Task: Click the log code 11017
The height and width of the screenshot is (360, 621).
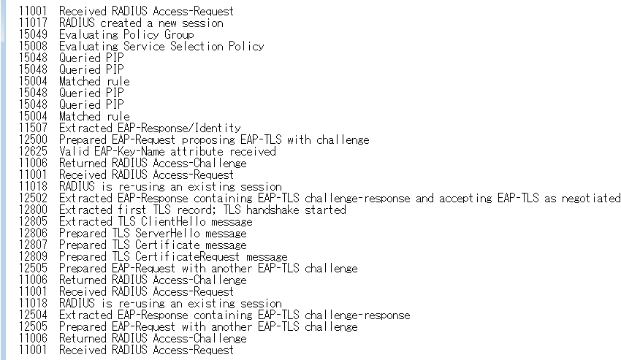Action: [x=33, y=23]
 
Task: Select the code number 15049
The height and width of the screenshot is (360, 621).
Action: [x=33, y=34]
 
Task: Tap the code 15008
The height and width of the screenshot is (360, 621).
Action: [x=33, y=46]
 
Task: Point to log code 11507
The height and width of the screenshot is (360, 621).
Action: [x=33, y=128]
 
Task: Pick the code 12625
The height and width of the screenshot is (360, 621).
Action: [x=33, y=151]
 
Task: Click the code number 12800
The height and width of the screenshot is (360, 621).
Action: [x=33, y=210]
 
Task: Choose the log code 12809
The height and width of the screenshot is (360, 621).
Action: [x=33, y=256]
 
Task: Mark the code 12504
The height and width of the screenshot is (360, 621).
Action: [x=33, y=315]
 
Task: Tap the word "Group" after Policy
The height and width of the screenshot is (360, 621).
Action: [x=179, y=35]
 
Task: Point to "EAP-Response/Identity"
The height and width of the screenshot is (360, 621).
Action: [x=179, y=128]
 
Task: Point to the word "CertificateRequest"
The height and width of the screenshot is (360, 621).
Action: [x=187, y=256]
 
